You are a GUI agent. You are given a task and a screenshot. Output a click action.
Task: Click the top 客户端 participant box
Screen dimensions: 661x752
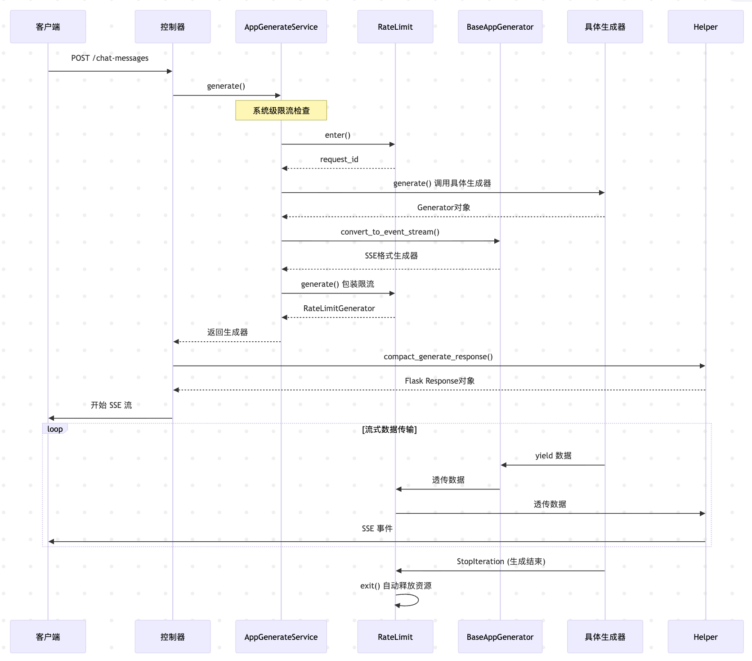(48, 27)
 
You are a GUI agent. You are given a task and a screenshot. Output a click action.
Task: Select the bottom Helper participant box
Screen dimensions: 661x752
(705, 637)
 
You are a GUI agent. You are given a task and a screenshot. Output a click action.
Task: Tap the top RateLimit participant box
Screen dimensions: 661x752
(395, 27)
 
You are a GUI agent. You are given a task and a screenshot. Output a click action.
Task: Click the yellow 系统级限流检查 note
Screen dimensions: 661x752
(281, 110)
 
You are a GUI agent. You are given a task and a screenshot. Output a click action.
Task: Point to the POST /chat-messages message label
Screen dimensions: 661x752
(110, 58)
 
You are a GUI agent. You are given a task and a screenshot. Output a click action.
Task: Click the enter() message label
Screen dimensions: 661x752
(337, 135)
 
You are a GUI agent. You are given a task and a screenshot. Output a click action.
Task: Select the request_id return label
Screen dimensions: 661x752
(339, 159)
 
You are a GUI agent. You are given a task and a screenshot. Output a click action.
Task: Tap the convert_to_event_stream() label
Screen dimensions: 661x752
(390, 232)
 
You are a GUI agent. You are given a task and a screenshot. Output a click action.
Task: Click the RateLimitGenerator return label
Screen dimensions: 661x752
(339, 308)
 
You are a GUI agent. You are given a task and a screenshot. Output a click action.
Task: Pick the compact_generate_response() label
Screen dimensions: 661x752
(438, 357)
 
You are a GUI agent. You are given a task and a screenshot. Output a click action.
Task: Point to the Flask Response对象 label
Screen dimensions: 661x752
(439, 381)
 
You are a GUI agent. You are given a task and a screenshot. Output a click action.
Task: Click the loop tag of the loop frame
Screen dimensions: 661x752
(55, 429)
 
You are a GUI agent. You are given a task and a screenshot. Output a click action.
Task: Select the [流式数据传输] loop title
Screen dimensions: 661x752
(389, 430)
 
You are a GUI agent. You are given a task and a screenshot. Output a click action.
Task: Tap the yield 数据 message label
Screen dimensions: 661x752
(553, 456)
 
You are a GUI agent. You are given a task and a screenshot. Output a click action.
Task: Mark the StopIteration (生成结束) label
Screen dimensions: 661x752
(501, 561)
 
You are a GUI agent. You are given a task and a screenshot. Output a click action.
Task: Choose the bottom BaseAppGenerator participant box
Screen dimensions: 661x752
(500, 637)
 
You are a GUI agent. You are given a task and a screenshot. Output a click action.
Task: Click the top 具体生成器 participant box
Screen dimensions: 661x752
(605, 27)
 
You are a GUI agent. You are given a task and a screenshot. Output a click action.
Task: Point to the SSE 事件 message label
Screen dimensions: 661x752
(377, 529)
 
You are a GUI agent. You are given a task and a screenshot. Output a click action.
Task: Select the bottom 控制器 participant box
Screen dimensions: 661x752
(173, 637)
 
